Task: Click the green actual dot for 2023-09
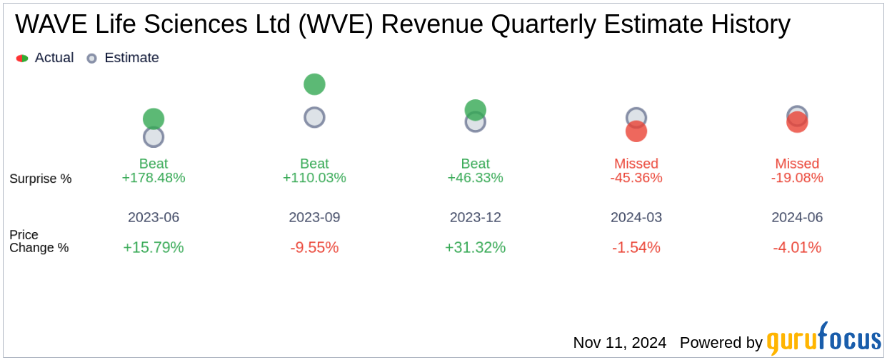pos(314,84)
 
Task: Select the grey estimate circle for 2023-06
pos(154,137)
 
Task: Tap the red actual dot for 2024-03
pos(636,132)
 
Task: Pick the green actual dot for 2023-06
pos(154,119)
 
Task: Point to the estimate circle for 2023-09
pos(314,117)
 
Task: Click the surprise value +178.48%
pos(154,178)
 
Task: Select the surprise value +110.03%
pos(314,178)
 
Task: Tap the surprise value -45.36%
pos(636,178)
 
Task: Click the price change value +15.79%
pos(154,248)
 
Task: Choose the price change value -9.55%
pos(314,248)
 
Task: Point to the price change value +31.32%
pos(475,248)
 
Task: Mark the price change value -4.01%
pos(797,248)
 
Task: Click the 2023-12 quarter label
pos(475,217)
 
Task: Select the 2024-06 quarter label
pos(797,217)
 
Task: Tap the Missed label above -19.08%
pos(797,164)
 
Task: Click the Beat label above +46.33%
pos(475,164)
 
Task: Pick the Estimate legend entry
pos(123,58)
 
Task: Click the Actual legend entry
pos(45,58)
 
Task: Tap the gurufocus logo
pos(823,341)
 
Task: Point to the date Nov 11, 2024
pos(619,343)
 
